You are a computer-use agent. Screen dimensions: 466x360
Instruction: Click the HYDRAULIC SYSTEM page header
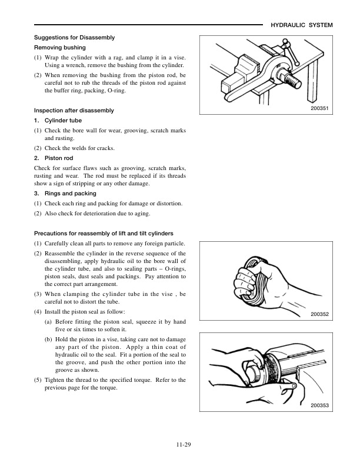[302, 25]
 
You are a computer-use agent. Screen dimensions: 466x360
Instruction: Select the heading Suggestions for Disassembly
[74, 38]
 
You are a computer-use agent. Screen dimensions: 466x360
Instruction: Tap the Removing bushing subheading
[60, 47]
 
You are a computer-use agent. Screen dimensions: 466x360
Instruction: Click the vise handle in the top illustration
[288, 48]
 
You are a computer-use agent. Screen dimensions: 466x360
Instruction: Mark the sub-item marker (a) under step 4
[48, 322]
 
